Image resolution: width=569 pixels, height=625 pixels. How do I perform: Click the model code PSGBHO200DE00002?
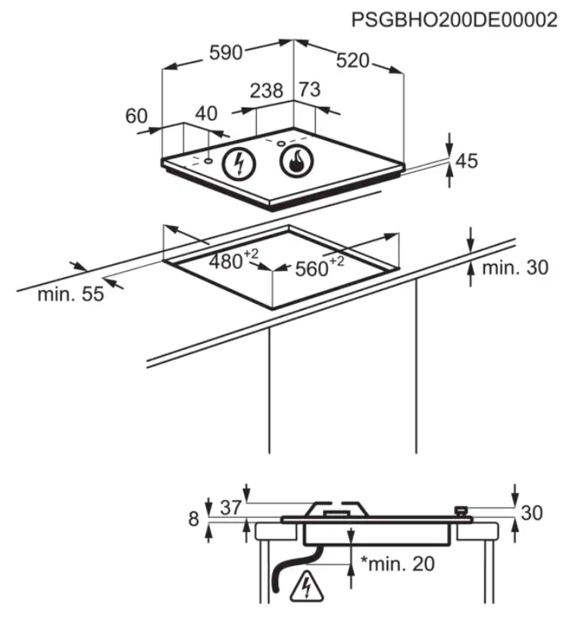click(454, 20)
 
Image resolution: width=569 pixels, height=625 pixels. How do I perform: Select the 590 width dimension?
click(226, 52)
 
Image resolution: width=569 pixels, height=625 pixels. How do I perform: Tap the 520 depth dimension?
click(352, 61)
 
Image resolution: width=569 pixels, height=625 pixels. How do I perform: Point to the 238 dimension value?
click(267, 90)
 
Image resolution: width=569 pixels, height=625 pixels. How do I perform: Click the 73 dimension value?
click(310, 89)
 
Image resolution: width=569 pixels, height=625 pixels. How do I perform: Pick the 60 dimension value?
click(136, 116)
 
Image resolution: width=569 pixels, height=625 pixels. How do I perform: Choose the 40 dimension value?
click(206, 114)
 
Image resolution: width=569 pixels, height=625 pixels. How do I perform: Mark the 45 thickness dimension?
click(467, 161)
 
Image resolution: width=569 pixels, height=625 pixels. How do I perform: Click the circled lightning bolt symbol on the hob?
click(239, 164)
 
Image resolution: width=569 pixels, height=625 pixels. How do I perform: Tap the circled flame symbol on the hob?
click(297, 161)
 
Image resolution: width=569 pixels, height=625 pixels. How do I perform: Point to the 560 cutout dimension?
click(320, 267)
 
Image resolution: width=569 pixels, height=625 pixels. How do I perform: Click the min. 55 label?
click(70, 294)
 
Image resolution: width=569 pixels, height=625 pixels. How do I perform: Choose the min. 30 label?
click(515, 267)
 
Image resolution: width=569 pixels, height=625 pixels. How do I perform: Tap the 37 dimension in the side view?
click(231, 508)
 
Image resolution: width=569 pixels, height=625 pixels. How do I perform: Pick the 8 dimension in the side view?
click(193, 519)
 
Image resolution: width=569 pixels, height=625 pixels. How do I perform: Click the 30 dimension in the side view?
click(532, 513)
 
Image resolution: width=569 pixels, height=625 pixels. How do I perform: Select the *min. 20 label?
click(397, 564)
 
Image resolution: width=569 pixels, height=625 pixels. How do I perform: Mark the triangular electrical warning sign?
click(307, 586)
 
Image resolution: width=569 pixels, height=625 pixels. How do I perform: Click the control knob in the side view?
click(461, 511)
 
